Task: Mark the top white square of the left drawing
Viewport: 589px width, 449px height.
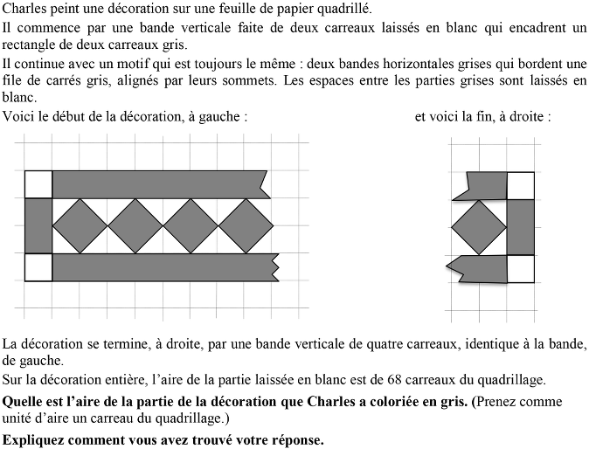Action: (38, 185)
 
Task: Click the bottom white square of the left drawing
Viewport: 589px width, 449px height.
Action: (38, 266)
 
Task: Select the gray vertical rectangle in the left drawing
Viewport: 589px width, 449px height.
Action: (38, 226)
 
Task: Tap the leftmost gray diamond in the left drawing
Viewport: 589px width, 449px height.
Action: (80, 226)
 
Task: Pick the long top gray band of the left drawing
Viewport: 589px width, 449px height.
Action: (157, 185)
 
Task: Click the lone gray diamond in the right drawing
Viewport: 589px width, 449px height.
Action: (479, 226)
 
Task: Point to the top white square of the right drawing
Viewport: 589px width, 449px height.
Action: (521, 185)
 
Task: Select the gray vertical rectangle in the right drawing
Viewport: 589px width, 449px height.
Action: (521, 226)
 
